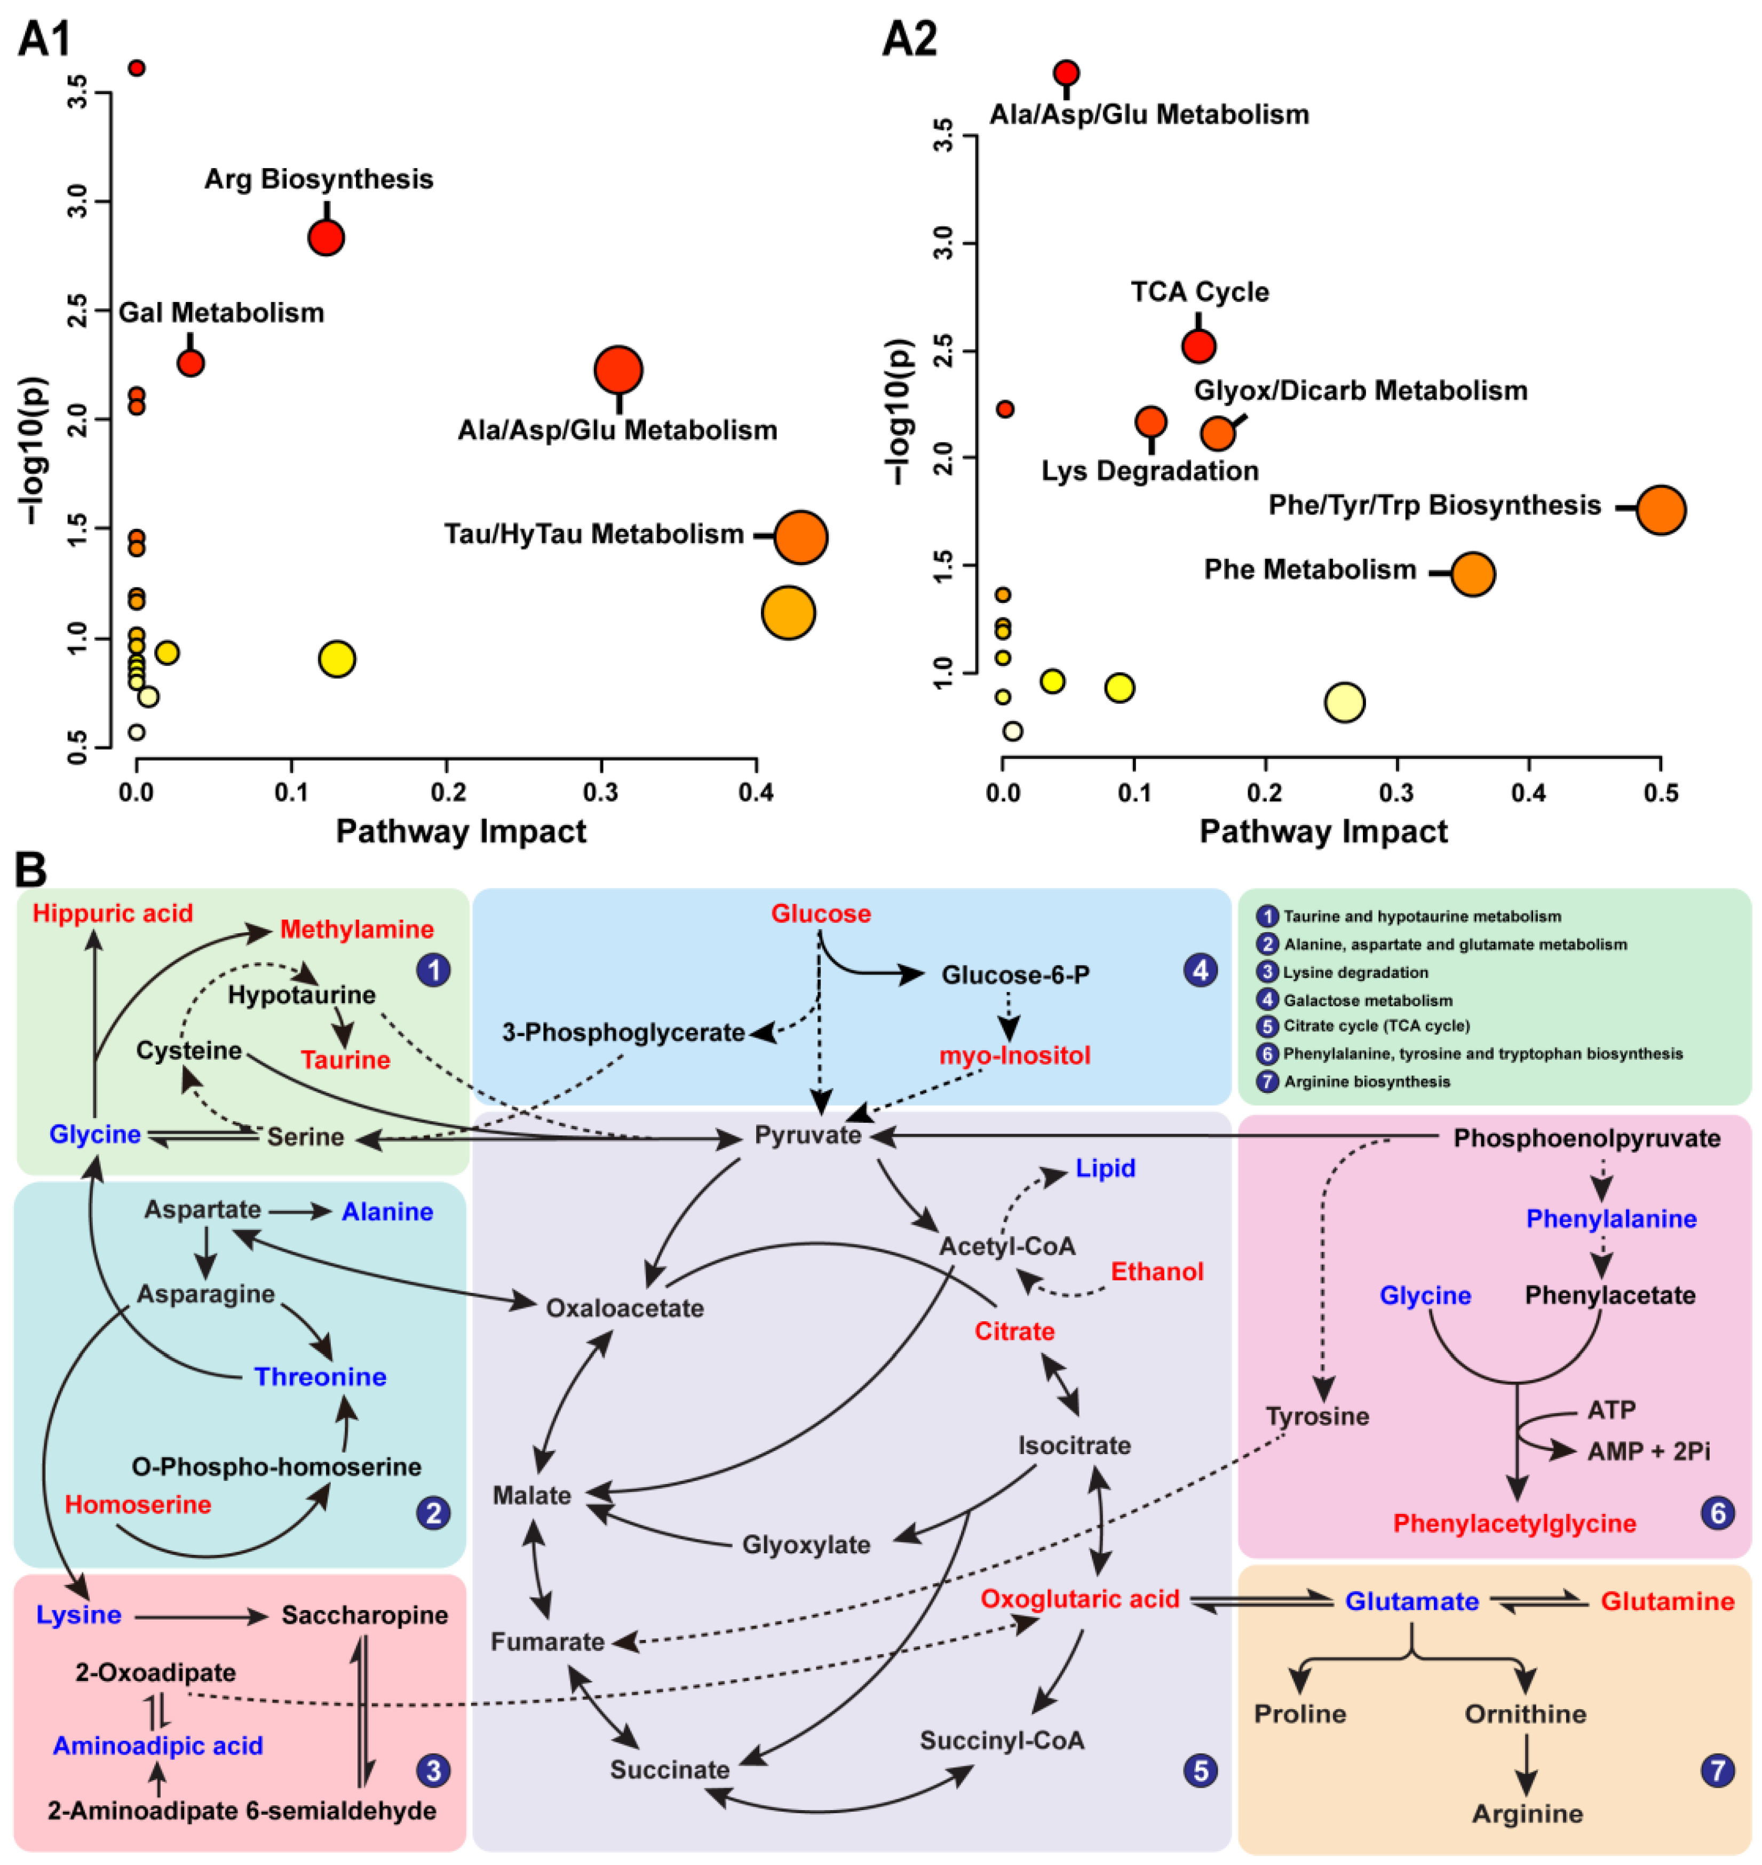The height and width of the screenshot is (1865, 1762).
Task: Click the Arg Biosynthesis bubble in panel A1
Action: click(x=326, y=237)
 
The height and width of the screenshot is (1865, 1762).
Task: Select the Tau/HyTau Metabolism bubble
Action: click(x=800, y=537)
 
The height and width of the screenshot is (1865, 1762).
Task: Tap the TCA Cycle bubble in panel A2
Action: click(x=1199, y=346)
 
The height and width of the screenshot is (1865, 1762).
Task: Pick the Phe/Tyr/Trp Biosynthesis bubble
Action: click(x=1661, y=510)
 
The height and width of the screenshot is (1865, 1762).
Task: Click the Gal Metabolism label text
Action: click(x=221, y=313)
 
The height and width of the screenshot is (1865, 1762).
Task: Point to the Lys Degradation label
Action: click(x=1149, y=471)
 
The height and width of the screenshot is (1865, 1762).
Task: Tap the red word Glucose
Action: click(x=821, y=914)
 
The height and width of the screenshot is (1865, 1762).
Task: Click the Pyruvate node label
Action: click(x=808, y=1136)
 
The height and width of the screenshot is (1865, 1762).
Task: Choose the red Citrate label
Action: click(x=1014, y=1331)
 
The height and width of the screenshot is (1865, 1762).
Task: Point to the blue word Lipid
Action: click(x=1106, y=1168)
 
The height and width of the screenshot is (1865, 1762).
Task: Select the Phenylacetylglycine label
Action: click(x=1514, y=1523)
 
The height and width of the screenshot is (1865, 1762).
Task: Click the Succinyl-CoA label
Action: click(x=1002, y=1740)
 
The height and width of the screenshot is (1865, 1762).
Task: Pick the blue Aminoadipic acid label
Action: click(x=158, y=1746)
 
